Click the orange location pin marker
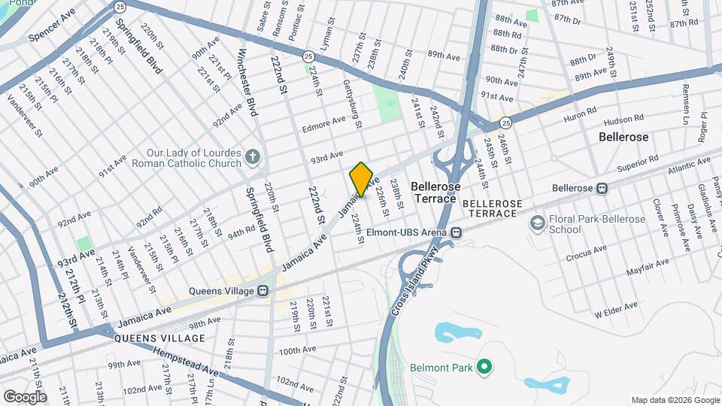[x=361, y=179]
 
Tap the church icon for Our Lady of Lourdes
[x=253, y=157]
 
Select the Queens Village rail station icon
[x=262, y=290]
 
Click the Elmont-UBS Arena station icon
[x=456, y=232]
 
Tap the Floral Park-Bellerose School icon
[x=537, y=222]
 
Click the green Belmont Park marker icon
[x=484, y=368]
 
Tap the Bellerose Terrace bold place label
[x=434, y=192]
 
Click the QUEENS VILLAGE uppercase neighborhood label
[x=159, y=338]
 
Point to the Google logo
[x=25, y=396]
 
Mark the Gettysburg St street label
[x=353, y=103]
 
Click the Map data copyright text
[x=675, y=400]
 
